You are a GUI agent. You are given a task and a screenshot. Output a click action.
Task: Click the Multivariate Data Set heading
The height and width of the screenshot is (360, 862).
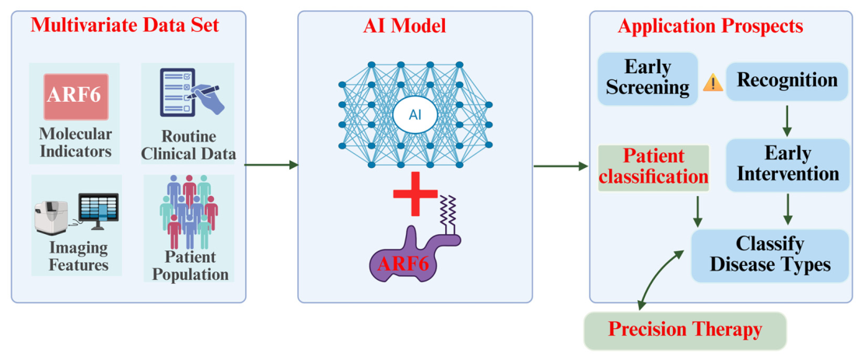(124, 26)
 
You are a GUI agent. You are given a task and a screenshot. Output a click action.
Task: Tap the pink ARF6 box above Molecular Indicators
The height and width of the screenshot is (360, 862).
(76, 96)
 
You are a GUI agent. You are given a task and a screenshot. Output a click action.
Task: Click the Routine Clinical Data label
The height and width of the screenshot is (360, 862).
(188, 145)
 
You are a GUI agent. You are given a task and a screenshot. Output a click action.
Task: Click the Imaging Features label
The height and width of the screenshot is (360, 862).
(78, 256)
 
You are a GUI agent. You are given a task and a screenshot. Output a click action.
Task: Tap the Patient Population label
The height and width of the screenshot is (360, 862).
(190, 265)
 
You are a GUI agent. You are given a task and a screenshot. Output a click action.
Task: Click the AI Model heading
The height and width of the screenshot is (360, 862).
(415, 26)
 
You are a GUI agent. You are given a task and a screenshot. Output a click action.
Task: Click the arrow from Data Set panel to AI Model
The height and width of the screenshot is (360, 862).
(271, 165)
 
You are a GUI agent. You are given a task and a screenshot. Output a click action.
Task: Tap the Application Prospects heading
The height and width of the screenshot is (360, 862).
(711, 26)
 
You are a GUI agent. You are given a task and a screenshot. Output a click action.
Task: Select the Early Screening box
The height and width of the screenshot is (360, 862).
(648, 79)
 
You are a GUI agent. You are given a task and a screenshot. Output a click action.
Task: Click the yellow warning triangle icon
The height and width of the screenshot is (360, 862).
(713, 83)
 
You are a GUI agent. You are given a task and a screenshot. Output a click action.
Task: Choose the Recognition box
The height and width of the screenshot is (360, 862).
(787, 80)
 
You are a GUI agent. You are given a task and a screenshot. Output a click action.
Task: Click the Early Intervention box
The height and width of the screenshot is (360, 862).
(787, 164)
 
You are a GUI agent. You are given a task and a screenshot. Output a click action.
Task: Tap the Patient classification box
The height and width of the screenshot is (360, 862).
(653, 168)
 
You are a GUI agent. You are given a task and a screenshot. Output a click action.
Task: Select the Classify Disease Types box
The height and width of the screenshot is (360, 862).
(769, 256)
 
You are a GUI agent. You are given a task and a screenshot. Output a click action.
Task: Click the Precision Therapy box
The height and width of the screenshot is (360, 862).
(685, 331)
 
